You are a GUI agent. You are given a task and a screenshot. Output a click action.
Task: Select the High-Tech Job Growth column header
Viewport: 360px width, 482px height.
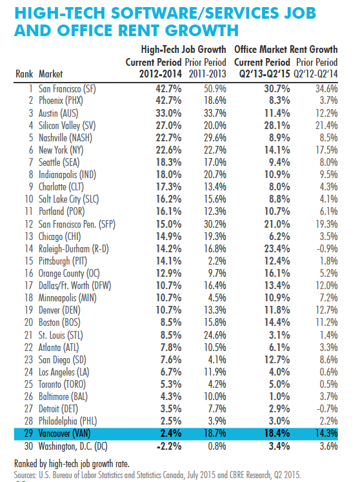[183, 49]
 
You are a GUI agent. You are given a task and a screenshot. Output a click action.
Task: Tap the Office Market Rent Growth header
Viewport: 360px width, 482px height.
[286, 49]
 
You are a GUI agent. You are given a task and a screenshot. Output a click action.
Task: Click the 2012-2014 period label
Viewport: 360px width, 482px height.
[160, 74]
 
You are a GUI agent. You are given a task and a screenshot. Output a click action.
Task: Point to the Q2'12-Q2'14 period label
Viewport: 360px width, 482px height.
[315, 74]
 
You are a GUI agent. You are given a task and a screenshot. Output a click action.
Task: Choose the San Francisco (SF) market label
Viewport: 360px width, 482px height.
[67, 89]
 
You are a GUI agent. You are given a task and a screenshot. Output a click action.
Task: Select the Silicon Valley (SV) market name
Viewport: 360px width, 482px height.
[67, 125]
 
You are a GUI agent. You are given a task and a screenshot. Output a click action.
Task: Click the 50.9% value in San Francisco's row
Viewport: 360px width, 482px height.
[215, 89]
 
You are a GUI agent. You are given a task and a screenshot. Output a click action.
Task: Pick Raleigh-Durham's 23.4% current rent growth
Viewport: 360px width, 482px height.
[277, 248]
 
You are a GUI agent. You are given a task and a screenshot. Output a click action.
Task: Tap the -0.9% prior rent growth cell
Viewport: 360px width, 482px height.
[327, 248]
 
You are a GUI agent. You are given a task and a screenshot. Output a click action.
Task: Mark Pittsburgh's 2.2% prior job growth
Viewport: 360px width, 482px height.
[217, 261]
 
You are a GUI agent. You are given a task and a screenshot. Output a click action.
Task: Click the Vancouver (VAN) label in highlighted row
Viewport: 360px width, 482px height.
[65, 434]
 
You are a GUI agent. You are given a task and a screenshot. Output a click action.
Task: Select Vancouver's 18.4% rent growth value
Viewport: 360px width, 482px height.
[277, 434]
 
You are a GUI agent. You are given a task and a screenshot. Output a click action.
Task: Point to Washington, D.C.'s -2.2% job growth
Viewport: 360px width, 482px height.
[169, 446]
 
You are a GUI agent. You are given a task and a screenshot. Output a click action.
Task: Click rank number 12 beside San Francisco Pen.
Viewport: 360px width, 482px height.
[28, 224]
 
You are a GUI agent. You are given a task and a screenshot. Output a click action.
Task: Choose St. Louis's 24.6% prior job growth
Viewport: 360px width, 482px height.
[215, 335]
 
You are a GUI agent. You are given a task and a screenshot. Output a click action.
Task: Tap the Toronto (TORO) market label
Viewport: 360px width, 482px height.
[62, 385]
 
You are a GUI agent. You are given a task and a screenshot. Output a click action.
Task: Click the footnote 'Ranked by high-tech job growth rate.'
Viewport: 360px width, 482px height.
[72, 463]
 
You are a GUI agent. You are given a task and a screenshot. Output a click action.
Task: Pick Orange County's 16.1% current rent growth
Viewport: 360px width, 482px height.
[277, 274]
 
